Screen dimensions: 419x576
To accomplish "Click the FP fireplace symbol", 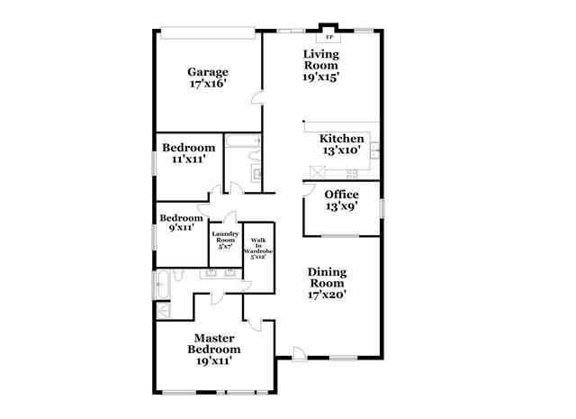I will click(328, 38).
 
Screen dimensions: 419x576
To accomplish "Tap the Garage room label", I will click(207, 72).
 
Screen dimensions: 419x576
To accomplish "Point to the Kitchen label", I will click(342, 139).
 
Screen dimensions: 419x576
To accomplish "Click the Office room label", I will click(342, 195).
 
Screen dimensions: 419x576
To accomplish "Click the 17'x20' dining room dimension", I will click(328, 293).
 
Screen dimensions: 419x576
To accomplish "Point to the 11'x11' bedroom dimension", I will click(189, 159).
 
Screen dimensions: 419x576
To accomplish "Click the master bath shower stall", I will click(166, 311).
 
